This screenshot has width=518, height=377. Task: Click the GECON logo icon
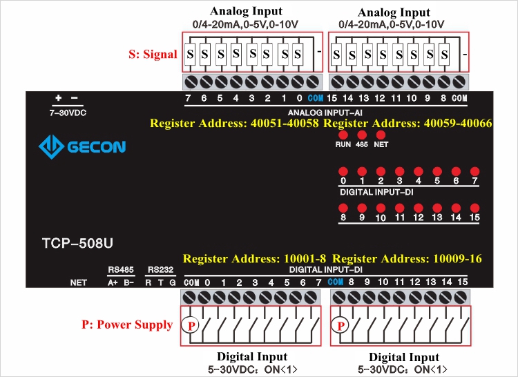click(x=51, y=146)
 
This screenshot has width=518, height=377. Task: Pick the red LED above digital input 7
click(x=474, y=171)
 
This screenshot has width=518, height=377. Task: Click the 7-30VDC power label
click(x=67, y=111)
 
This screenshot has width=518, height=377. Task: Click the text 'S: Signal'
click(x=153, y=54)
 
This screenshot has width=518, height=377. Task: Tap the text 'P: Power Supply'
click(x=128, y=325)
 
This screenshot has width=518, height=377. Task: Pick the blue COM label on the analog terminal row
click(x=316, y=99)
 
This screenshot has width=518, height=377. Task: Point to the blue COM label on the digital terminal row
click(x=336, y=282)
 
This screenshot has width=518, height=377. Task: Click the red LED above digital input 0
click(x=343, y=171)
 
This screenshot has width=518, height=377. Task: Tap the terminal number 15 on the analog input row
click(x=332, y=99)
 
